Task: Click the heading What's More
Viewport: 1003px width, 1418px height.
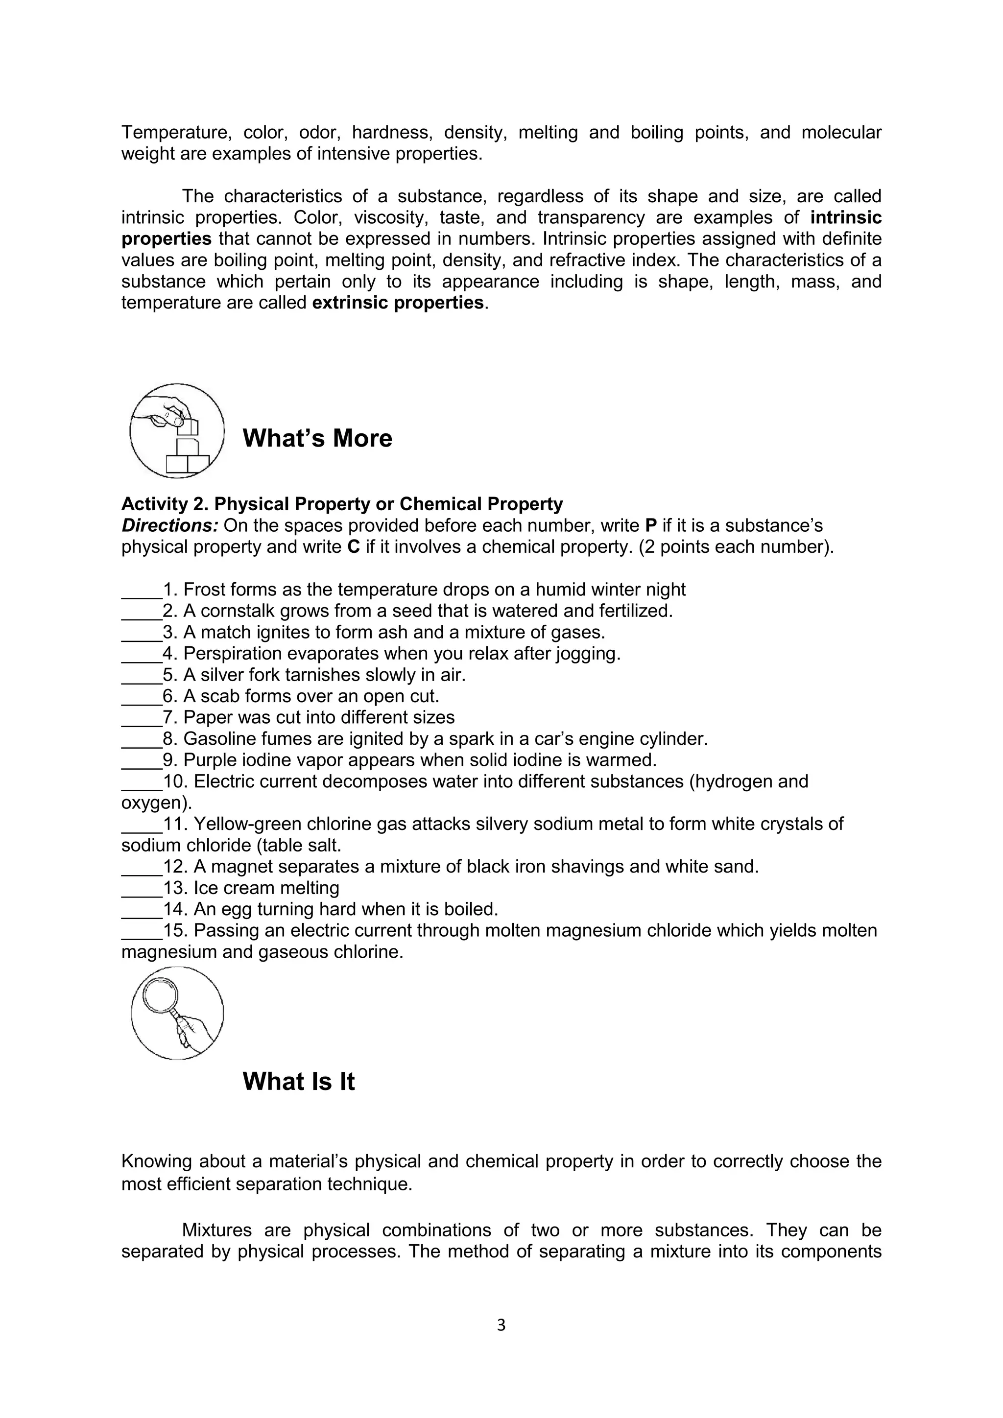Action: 317,439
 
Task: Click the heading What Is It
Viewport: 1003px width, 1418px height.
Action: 298,1082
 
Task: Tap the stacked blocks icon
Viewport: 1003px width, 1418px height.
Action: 177,430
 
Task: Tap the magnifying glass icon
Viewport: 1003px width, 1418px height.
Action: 177,1014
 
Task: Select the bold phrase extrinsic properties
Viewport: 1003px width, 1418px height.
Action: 398,303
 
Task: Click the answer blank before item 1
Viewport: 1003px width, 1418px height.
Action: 142,591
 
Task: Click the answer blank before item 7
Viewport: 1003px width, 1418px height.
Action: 142,718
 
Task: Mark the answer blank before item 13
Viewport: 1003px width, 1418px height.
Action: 142,889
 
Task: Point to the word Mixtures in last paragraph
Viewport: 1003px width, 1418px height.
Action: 217,1230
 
